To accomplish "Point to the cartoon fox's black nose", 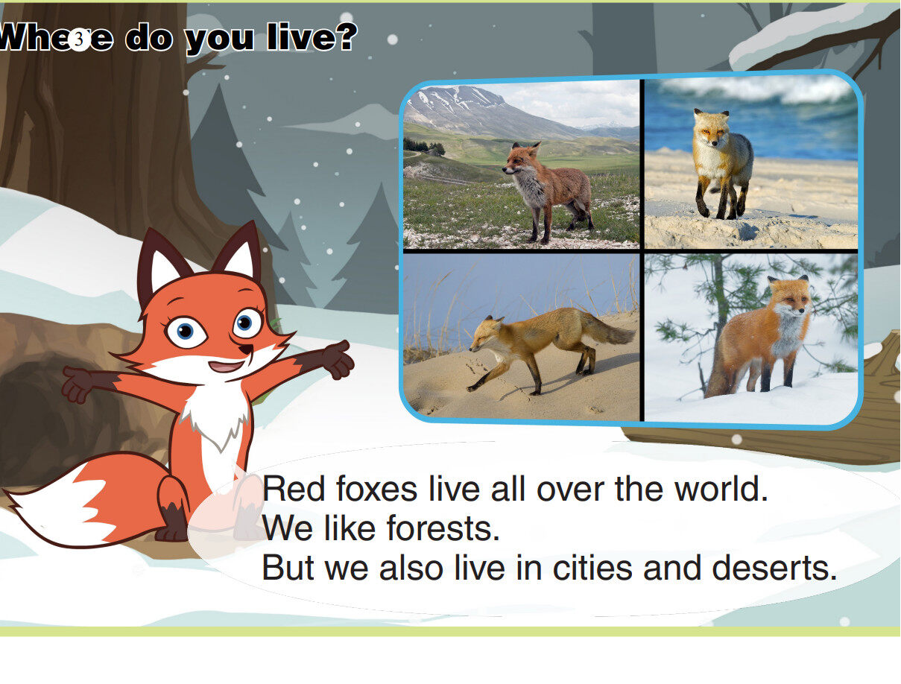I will (242, 348).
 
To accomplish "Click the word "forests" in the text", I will (443, 529).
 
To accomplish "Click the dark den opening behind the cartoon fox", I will (45, 402).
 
